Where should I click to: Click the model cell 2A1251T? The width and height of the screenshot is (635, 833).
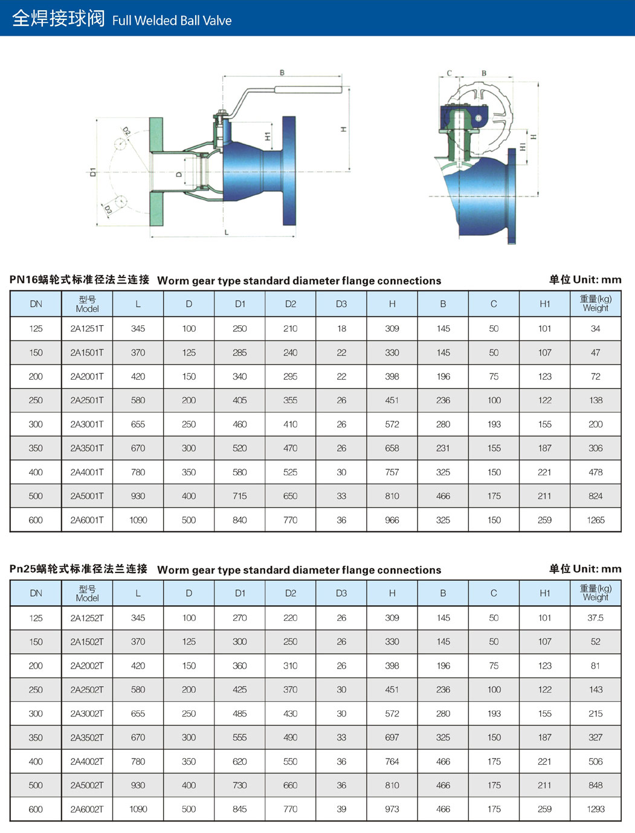(x=87, y=329)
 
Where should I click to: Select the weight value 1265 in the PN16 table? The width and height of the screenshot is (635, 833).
(x=596, y=520)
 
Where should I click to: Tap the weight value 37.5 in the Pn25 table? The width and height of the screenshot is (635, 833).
(x=596, y=618)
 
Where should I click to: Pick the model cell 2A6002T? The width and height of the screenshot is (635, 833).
(x=87, y=809)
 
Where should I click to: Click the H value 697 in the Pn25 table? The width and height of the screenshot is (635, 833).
(x=392, y=737)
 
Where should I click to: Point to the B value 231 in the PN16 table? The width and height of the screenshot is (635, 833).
(x=443, y=448)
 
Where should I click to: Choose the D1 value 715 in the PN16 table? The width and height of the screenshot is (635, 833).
(x=240, y=496)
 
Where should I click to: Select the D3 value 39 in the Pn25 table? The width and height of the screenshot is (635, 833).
(x=341, y=809)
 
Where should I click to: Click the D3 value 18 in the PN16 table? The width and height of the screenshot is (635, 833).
(x=341, y=329)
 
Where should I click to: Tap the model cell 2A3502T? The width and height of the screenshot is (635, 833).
(x=87, y=737)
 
